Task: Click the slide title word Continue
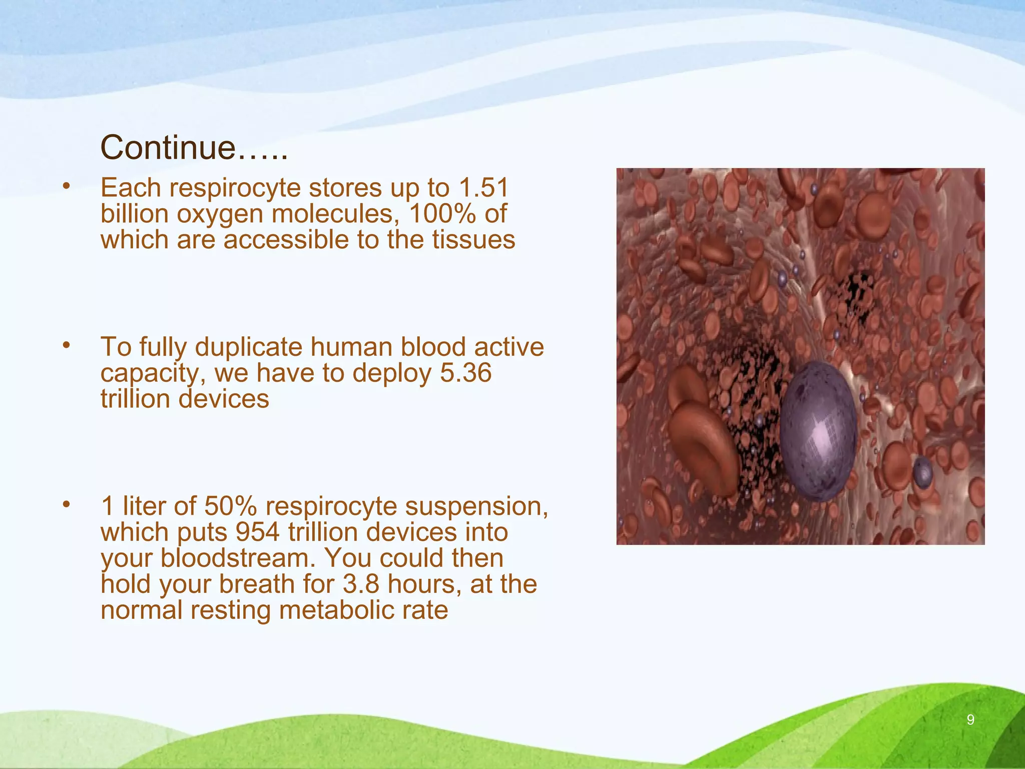pos(168,148)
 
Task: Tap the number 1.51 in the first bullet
pos(483,188)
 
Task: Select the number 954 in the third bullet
pos(257,532)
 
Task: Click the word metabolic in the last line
pos(350,610)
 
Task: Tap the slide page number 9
pos(970,720)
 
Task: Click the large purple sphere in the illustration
pos(818,431)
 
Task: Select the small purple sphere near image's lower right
pos(922,471)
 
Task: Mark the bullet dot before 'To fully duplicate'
pos(66,345)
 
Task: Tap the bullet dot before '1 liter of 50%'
pos(66,504)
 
